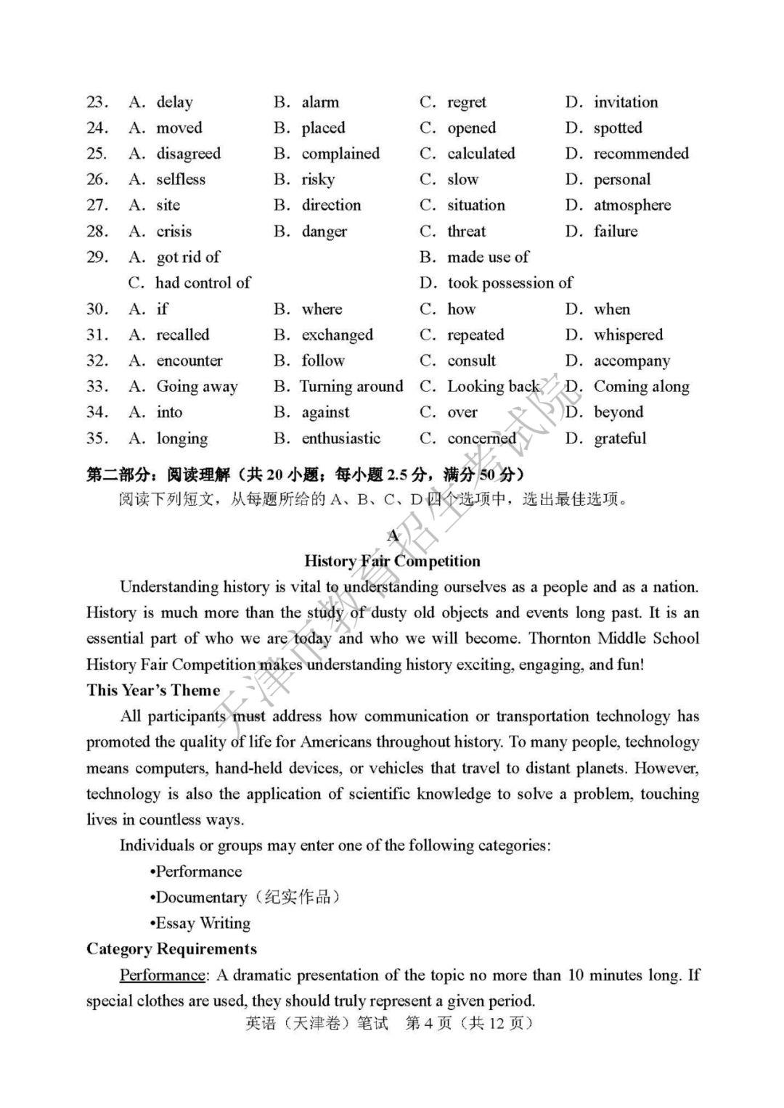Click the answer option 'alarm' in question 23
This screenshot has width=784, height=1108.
coord(320,102)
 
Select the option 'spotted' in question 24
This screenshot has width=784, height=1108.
coord(618,128)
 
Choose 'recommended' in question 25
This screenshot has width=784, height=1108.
coord(641,154)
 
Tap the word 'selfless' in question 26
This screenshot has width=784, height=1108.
coord(181,179)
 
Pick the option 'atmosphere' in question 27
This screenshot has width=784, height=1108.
coord(632,205)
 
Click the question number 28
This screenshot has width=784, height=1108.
coord(97,231)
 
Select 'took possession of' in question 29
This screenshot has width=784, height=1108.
coord(510,283)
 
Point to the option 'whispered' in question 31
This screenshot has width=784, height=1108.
coord(628,335)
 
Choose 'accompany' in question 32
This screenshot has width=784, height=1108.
coord(632,361)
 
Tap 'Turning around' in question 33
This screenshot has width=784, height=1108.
coord(351,386)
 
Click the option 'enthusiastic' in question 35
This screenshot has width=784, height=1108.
coord(341,438)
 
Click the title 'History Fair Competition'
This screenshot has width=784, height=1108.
coord(392,561)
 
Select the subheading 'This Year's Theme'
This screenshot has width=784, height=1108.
coord(153,690)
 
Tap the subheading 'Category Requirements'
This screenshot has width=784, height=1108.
coord(171,949)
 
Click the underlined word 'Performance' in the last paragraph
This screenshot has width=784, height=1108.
coord(163,974)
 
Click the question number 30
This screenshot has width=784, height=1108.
coord(97,309)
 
